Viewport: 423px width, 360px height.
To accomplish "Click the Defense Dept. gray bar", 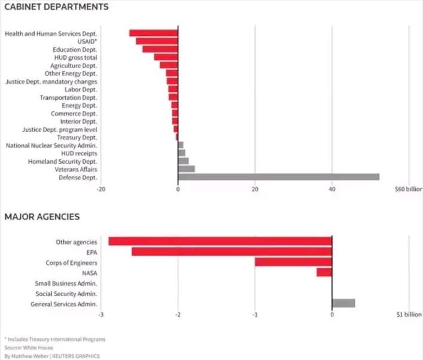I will (x=278, y=176).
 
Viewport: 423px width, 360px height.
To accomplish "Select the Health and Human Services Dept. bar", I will (x=154, y=33).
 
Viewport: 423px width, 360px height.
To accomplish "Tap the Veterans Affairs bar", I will (x=186, y=169).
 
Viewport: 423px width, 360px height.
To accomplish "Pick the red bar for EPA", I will (x=232, y=252).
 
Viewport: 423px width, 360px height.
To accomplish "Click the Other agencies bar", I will (x=220, y=242).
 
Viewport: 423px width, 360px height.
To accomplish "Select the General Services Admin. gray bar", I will (x=343, y=303).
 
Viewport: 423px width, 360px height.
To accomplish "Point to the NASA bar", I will (x=324, y=273).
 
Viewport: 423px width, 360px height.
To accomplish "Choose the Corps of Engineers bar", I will (x=293, y=262).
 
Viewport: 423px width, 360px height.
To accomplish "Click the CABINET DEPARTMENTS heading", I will (x=56, y=8).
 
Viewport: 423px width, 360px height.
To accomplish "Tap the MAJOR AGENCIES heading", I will (x=42, y=216).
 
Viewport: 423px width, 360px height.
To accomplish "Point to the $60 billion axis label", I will (x=408, y=189).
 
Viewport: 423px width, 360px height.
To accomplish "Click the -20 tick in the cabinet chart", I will (x=101, y=189).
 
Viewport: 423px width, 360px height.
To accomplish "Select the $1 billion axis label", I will (x=409, y=314).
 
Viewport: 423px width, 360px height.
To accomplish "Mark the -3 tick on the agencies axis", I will (x=101, y=314).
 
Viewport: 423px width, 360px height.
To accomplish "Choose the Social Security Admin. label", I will (x=66, y=294).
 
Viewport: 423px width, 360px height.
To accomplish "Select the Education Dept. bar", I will (x=160, y=49).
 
